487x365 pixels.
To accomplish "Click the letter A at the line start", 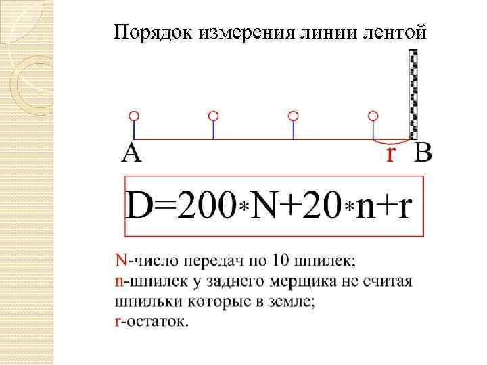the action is (131, 153).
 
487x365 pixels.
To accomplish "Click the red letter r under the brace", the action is (390, 155).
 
